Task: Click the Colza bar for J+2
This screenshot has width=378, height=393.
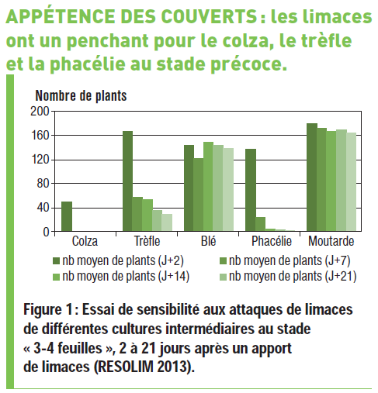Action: coord(67,216)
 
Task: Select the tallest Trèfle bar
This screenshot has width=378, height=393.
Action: coord(127,181)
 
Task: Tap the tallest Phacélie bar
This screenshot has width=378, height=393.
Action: coord(251,190)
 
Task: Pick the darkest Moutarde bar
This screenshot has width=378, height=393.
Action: coord(312,177)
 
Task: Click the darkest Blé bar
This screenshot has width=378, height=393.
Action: coord(189,188)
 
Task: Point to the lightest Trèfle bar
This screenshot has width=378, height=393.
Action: coord(167,222)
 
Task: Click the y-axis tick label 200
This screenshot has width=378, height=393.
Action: coord(40,112)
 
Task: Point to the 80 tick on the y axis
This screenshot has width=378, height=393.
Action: coord(43,184)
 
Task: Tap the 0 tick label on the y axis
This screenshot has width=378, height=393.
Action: coord(46,232)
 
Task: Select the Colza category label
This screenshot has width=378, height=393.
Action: coord(85,241)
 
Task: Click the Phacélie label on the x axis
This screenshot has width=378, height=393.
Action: coord(272,241)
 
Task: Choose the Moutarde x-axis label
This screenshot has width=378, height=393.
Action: coord(331,241)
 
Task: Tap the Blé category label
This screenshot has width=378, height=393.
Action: coord(208,241)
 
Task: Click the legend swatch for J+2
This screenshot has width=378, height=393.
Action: coord(56,261)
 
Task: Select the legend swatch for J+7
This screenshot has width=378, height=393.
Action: coord(223,261)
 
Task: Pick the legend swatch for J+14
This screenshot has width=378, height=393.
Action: coord(56,277)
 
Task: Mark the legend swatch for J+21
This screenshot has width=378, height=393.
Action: coord(223,277)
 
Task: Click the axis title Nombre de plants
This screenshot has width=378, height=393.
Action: coord(81,96)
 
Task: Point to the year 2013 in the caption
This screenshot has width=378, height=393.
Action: coord(172,366)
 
